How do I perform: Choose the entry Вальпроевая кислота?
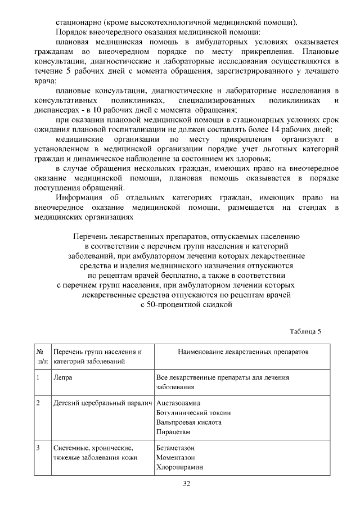tap(188, 422)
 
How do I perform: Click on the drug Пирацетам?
tap(174, 431)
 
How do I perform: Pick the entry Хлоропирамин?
tap(179, 467)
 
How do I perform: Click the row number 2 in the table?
tap(38, 403)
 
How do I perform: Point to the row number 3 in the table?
tap(38, 448)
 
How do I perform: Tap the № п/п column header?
tap(41, 356)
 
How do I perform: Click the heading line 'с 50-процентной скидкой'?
tap(186, 304)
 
